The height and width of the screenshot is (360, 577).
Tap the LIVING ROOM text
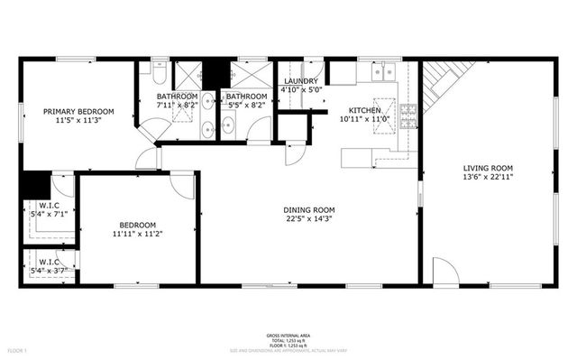pyautogui.click(x=488, y=168)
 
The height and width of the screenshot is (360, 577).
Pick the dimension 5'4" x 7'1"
pyautogui.click(x=48, y=214)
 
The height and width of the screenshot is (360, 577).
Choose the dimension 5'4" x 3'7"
pyautogui.click(x=48, y=271)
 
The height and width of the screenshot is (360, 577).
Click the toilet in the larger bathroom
pyautogui.click(x=159, y=67)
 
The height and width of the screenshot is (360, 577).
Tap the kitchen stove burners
pyautogui.click(x=408, y=115)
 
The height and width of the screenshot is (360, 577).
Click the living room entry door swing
pyautogui.click(x=444, y=271)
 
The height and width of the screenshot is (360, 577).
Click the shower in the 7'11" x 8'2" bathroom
pyautogui.click(x=188, y=74)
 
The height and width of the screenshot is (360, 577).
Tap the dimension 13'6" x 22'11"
pyautogui.click(x=488, y=178)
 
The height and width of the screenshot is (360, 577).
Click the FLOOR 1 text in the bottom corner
pyautogui.click(x=18, y=350)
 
